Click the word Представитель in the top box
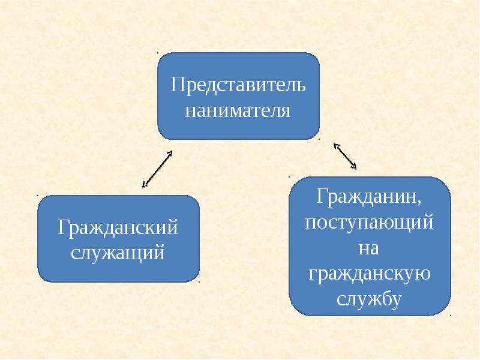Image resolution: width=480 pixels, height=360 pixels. coord(238,84)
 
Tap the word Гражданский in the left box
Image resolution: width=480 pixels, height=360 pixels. coord(118,227)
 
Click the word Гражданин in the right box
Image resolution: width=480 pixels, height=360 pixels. coord(367,196)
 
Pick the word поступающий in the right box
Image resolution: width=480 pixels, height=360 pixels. coord(369,223)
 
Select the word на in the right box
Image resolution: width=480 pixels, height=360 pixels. coord(369,247)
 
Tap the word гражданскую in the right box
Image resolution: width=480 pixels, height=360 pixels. coord(369,273)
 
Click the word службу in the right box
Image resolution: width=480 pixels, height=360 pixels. coord(369,298)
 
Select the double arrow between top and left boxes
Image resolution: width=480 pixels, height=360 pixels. coord(157,169)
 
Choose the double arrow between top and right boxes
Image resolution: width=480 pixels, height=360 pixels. coord(345,155)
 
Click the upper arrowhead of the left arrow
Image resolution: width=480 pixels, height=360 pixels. coord(170,152)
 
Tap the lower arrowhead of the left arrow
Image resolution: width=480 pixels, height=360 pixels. coord(144,185)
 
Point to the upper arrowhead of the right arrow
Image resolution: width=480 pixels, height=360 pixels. coord(335,145)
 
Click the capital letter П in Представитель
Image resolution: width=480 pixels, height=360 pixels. coord(176,84)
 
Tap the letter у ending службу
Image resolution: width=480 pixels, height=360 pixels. coord(396,300)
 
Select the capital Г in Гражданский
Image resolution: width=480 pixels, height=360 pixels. coord(62,227)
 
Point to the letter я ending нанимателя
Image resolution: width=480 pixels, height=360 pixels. coord(286,112)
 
